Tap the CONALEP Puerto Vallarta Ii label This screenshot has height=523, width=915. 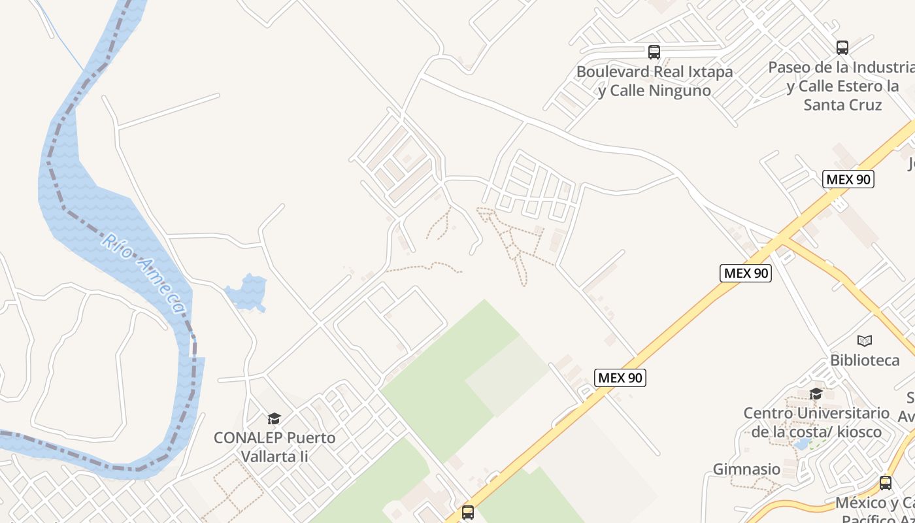[274, 447]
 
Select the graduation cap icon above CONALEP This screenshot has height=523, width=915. [274, 418]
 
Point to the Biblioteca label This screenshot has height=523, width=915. [865, 360]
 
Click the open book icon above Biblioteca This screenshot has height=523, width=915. [865, 341]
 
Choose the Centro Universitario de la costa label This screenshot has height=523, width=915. [816, 422]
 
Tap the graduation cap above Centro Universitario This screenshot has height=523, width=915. [816, 394]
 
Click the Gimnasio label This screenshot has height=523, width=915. [746, 469]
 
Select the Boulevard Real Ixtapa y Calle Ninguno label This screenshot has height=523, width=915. [654, 81]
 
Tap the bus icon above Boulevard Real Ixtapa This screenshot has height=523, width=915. [654, 52]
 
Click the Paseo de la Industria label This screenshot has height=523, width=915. [842, 86]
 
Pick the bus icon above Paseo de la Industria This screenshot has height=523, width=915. [842, 48]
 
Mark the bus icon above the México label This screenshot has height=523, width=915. [886, 483]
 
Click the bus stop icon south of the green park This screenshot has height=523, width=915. [468, 512]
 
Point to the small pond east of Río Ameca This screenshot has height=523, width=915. [247, 292]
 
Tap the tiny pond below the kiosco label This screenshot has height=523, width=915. [801, 445]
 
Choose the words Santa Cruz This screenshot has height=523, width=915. [842, 105]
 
